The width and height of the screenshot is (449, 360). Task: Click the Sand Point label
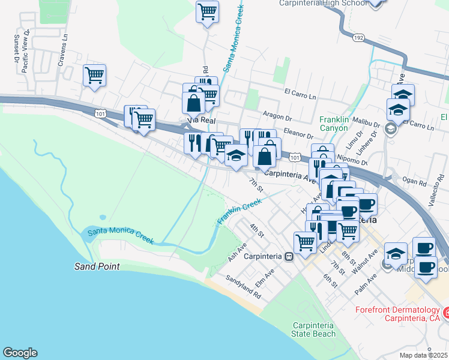(97, 266)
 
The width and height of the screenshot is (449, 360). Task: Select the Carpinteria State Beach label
(313, 329)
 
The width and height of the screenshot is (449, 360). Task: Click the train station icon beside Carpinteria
(289, 256)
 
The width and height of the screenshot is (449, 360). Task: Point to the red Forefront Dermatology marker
(446, 313)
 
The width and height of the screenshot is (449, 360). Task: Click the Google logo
(20, 353)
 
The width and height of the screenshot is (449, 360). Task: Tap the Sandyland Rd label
(244, 287)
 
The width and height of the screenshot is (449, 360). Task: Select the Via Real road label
(202, 121)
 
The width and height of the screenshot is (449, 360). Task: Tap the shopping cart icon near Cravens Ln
(95, 76)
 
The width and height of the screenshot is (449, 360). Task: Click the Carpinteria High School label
(324, 3)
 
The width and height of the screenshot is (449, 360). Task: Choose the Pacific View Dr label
(25, 52)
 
